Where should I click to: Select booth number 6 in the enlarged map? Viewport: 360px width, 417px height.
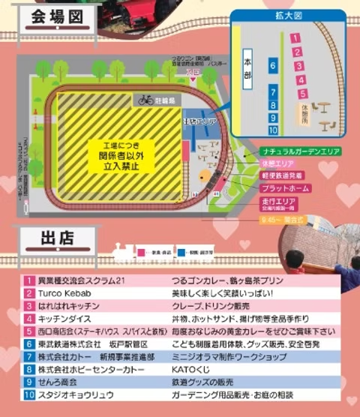pyautogui.click(x=274, y=67)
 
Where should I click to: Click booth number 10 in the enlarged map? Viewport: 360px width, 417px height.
pyautogui.click(x=274, y=130)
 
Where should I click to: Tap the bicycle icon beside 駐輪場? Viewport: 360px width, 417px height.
pyautogui.click(x=145, y=99)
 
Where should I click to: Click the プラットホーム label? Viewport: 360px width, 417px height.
pyautogui.click(x=284, y=188)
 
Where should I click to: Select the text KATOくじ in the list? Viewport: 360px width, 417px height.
pyautogui.click(x=196, y=369)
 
